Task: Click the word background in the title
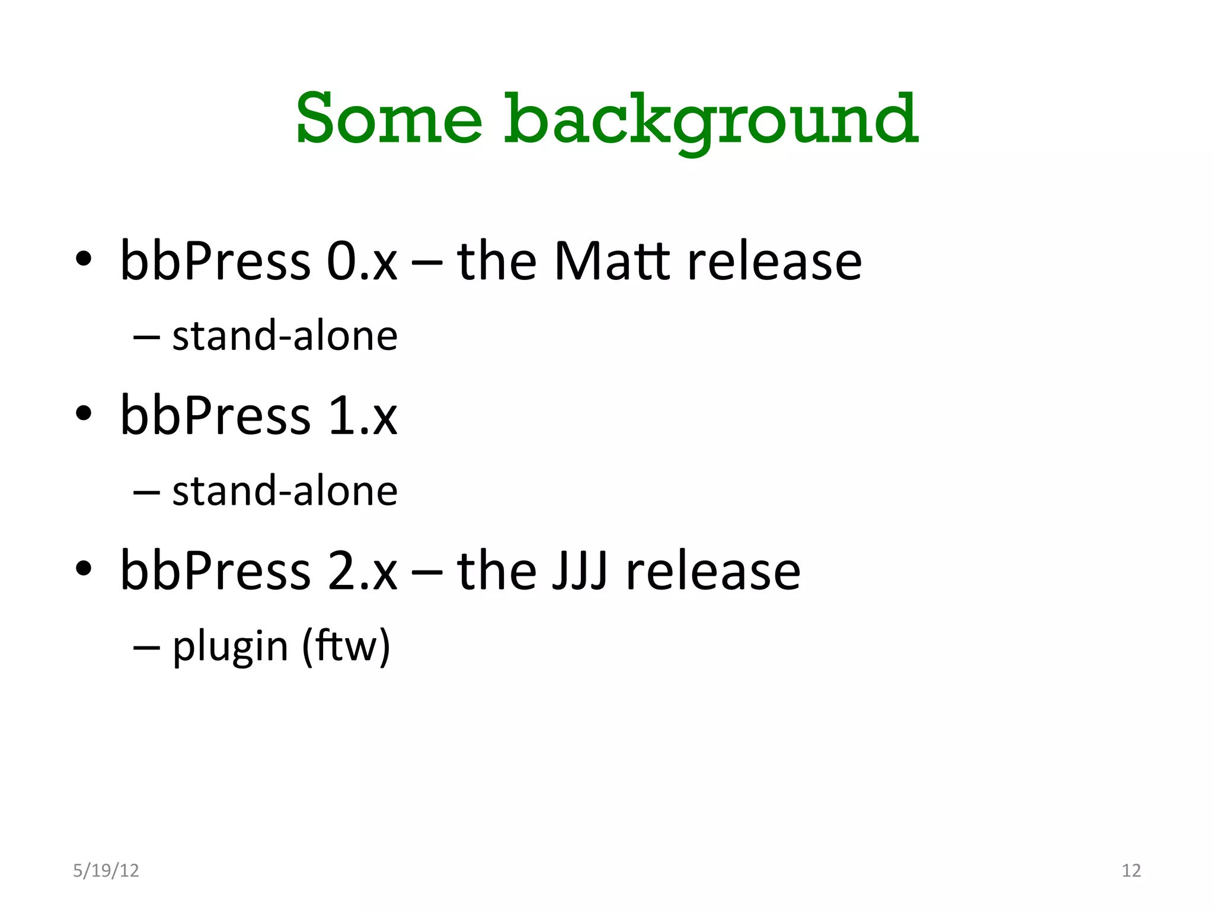[x=711, y=121]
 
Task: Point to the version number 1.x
[x=362, y=416]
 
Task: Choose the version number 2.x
[x=362, y=571]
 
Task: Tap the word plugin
[x=230, y=646]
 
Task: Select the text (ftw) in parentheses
[x=346, y=646]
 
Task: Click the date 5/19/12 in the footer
[x=106, y=870]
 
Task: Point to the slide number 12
[x=1131, y=870]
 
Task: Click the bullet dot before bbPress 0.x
[x=84, y=259]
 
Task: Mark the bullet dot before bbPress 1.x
[x=84, y=413]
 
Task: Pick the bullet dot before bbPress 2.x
[x=84, y=568]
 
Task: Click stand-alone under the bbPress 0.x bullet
[x=285, y=336]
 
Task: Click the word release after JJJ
[x=713, y=571]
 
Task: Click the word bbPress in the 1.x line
[x=215, y=416]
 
